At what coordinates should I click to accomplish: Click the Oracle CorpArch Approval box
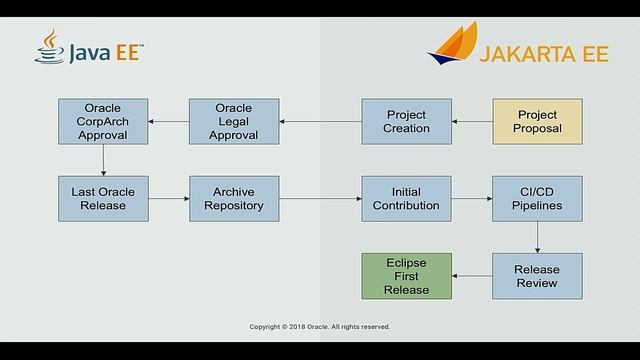coord(103,122)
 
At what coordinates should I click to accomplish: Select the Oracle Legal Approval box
coord(234,122)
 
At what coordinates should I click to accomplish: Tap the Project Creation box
coord(407,122)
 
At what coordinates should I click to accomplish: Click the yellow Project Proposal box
coord(537,122)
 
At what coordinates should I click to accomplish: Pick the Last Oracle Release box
coord(103,199)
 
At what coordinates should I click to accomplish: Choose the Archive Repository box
coord(234,199)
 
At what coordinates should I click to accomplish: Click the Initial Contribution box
coord(407,199)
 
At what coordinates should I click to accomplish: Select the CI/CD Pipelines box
coord(537,199)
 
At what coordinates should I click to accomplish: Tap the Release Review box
coord(537,276)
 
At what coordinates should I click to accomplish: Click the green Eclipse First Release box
coord(407,276)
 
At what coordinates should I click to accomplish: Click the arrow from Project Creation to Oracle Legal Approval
coord(320,122)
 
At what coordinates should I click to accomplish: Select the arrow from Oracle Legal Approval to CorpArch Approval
coord(168,122)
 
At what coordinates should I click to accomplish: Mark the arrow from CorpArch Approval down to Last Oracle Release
coord(103,160)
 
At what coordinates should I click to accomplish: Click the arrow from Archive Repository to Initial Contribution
coord(320,199)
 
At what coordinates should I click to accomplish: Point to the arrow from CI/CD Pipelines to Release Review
coord(537,237)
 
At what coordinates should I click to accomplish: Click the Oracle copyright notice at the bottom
coord(320,326)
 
